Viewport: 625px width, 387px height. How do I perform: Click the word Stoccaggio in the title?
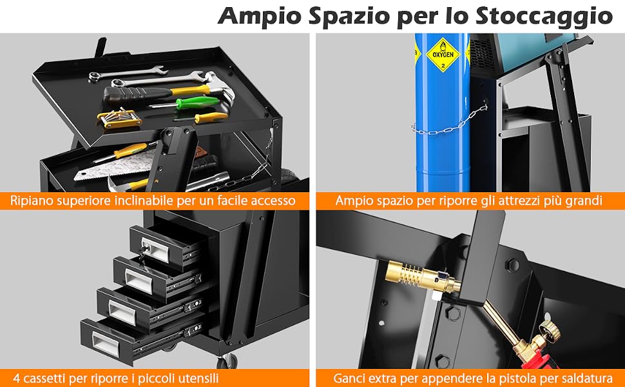pos(544,17)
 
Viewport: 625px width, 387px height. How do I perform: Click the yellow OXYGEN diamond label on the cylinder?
pos(443,55)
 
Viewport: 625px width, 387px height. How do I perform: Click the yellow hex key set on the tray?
pos(119,117)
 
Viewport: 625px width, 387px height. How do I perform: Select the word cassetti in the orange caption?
pos(44,377)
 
